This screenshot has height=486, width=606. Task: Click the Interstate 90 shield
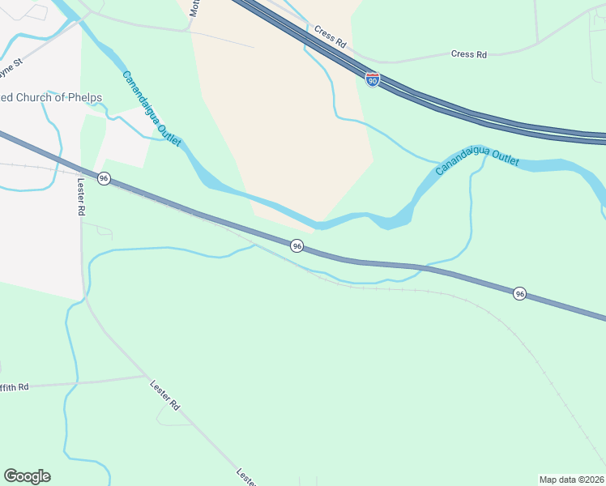372,79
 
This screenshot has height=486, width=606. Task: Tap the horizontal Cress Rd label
469,54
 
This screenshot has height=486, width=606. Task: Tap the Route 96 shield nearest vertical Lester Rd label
104,178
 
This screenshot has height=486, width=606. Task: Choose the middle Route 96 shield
297,245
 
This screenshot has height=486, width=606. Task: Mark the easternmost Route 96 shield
519,293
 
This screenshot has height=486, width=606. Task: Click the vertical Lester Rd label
80,198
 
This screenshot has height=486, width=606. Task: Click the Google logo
27,476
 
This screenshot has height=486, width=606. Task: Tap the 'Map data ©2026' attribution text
571,480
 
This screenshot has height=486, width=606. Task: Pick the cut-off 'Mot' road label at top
194,8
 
